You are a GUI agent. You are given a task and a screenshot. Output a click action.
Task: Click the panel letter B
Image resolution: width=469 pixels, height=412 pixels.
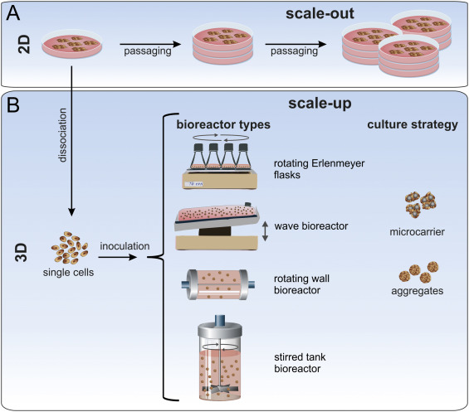tap(14, 107)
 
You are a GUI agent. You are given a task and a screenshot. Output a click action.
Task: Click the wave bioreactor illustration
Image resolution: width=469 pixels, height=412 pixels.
tap(215, 225)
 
